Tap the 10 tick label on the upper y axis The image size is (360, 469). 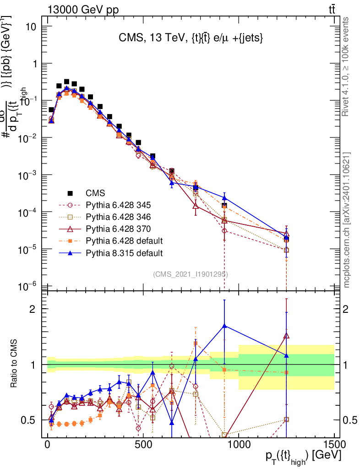point(31,27)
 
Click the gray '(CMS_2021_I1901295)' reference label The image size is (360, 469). point(191,274)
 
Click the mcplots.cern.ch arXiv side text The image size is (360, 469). point(347,220)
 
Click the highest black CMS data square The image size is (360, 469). point(66,82)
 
